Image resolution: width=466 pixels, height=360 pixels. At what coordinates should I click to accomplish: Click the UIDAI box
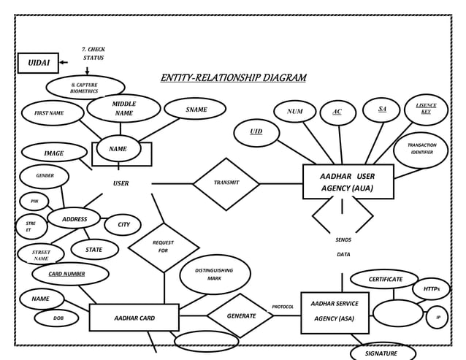click(x=38, y=64)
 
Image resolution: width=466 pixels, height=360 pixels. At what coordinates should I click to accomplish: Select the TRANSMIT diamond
click(x=226, y=183)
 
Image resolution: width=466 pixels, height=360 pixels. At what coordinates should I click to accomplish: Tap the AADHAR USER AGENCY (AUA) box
click(x=348, y=182)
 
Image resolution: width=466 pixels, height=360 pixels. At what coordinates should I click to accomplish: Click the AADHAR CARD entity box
click(x=134, y=318)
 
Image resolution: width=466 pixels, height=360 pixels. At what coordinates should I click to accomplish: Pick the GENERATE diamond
click(x=240, y=316)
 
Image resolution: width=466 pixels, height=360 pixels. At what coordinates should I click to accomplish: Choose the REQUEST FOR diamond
click(x=164, y=247)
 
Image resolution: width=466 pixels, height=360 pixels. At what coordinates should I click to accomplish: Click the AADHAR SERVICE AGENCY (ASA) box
click(x=335, y=312)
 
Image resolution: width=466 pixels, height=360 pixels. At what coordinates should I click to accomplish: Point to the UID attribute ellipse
click(x=256, y=132)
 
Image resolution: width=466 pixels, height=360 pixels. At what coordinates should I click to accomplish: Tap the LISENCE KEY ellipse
click(x=426, y=109)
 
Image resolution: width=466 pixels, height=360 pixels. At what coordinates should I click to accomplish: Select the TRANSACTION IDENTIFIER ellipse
click(x=421, y=149)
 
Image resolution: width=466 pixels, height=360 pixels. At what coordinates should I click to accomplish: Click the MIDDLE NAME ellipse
click(x=123, y=109)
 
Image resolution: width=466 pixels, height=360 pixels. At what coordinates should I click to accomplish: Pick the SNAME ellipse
click(x=196, y=110)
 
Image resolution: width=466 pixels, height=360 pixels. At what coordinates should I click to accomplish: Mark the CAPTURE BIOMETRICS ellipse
click(x=85, y=88)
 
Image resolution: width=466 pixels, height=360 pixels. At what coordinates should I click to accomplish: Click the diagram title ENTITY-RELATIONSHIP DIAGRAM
click(x=233, y=78)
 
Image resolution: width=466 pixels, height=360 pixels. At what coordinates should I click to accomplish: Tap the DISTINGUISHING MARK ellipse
click(x=215, y=274)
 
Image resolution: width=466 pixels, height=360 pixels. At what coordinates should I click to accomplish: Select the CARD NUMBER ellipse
click(x=70, y=274)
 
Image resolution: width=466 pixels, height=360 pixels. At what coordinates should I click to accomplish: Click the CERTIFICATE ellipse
click(x=384, y=279)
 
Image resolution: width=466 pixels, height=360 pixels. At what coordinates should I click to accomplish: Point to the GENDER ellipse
click(x=45, y=176)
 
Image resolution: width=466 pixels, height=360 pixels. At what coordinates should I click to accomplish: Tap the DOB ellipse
click(x=56, y=318)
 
